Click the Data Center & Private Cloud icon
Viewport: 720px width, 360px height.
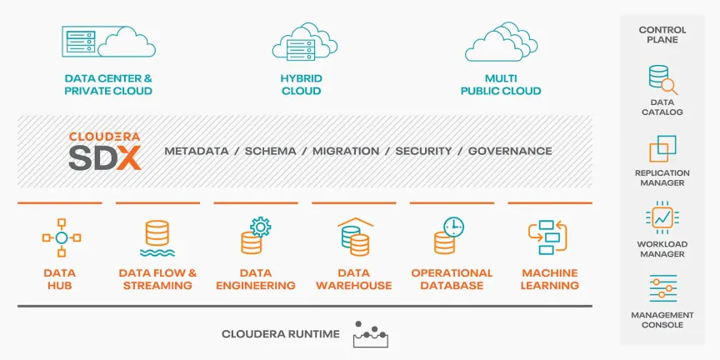coord(109,42)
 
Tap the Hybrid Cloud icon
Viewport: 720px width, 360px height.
coord(305,42)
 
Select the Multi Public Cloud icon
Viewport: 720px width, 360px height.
coord(501,42)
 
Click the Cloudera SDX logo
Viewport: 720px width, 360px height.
coord(105,152)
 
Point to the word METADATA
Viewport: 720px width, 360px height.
coord(197,151)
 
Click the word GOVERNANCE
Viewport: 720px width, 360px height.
coord(510,151)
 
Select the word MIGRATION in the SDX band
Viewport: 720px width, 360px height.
coord(346,151)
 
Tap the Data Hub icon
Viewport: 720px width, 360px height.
coord(62,237)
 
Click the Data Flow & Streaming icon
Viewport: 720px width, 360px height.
coord(157,238)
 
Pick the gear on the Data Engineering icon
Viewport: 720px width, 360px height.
coord(260,227)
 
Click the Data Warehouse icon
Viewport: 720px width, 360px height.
coord(355,237)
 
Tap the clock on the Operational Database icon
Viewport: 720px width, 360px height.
coord(453,227)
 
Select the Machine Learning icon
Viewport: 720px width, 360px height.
coord(547,237)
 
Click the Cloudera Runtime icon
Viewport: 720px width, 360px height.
coord(371,334)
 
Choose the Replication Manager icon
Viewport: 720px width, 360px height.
coord(662,148)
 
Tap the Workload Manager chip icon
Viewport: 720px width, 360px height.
coord(662,217)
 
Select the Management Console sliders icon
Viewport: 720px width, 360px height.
coord(663,288)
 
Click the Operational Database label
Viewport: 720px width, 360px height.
coord(452,279)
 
